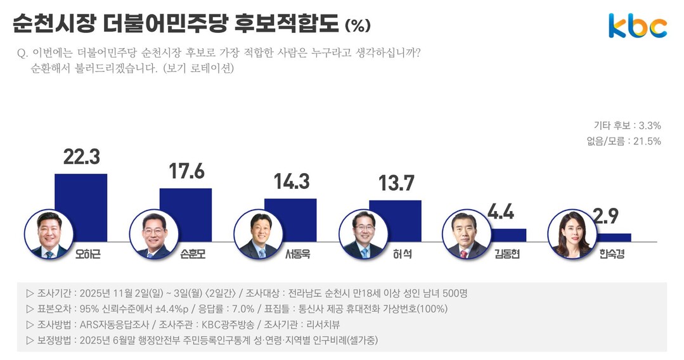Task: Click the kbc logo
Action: [638, 25]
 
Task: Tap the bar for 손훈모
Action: [185, 214]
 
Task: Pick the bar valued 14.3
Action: [290, 219]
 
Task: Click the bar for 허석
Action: [395, 221]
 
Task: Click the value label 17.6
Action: [186, 172]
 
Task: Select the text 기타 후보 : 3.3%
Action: [627, 125]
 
